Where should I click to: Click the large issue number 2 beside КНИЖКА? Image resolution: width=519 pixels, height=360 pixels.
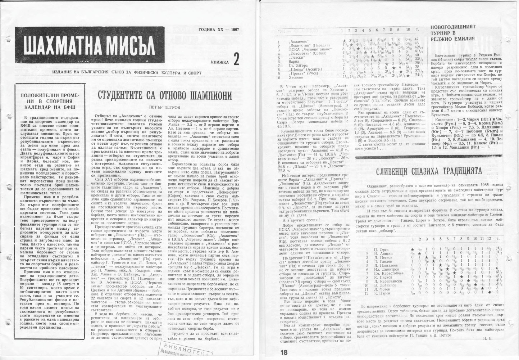tap(236, 59)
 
